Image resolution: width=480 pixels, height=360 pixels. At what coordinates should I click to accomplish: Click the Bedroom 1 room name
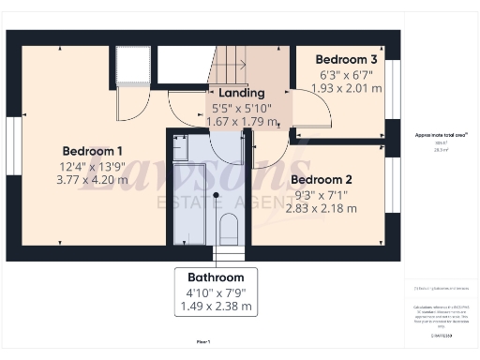click(93, 151)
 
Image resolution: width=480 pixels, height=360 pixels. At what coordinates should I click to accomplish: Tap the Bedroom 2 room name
click(322, 179)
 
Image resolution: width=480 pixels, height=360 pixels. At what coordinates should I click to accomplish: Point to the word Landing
click(242, 94)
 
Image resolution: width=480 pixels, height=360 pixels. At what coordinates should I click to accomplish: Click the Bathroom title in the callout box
click(216, 277)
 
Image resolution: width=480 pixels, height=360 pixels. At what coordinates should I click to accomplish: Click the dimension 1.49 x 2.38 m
click(216, 306)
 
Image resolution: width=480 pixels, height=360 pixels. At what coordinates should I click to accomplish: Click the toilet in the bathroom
click(228, 228)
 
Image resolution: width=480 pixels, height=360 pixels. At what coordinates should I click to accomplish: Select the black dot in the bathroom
click(216, 195)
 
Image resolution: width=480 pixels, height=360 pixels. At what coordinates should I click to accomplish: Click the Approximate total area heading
click(434, 135)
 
